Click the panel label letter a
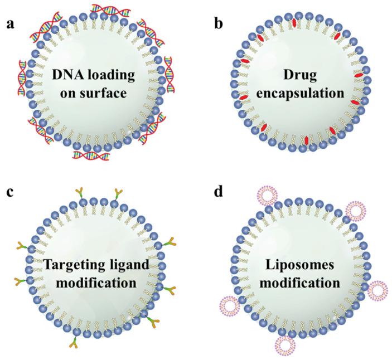coord(10,25)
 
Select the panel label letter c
coord(9,192)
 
